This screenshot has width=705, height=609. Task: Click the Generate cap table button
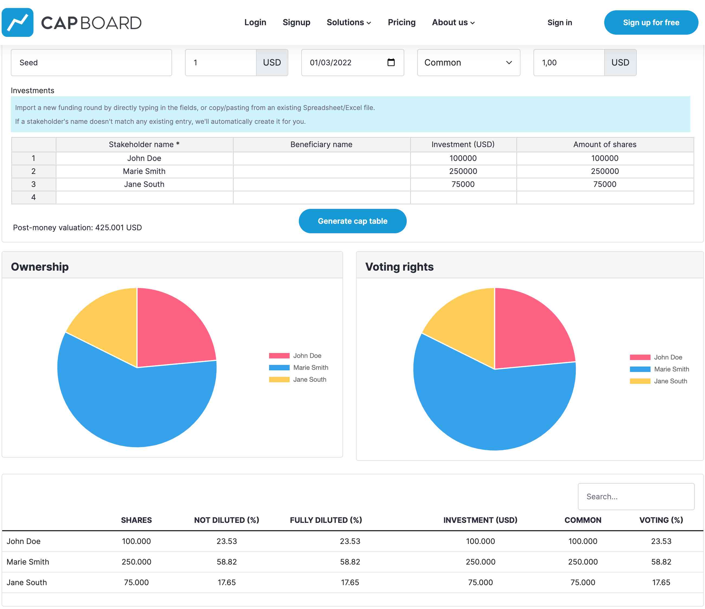click(352, 221)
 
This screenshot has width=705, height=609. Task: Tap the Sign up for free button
click(651, 22)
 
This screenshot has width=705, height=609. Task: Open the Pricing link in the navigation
click(402, 22)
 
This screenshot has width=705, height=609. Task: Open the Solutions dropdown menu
click(348, 22)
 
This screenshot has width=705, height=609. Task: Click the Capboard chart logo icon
click(18, 22)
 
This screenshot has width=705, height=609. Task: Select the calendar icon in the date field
click(391, 62)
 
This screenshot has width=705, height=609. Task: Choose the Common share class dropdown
click(468, 63)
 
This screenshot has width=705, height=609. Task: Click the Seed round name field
click(91, 63)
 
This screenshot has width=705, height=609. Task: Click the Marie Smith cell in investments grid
click(144, 171)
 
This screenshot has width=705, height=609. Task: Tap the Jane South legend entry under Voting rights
click(658, 381)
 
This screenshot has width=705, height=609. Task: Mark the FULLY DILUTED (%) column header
click(326, 520)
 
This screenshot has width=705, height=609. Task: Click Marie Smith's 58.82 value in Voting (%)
click(661, 562)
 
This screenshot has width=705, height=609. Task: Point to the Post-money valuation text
click(77, 228)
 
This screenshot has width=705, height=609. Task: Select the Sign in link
click(560, 22)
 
